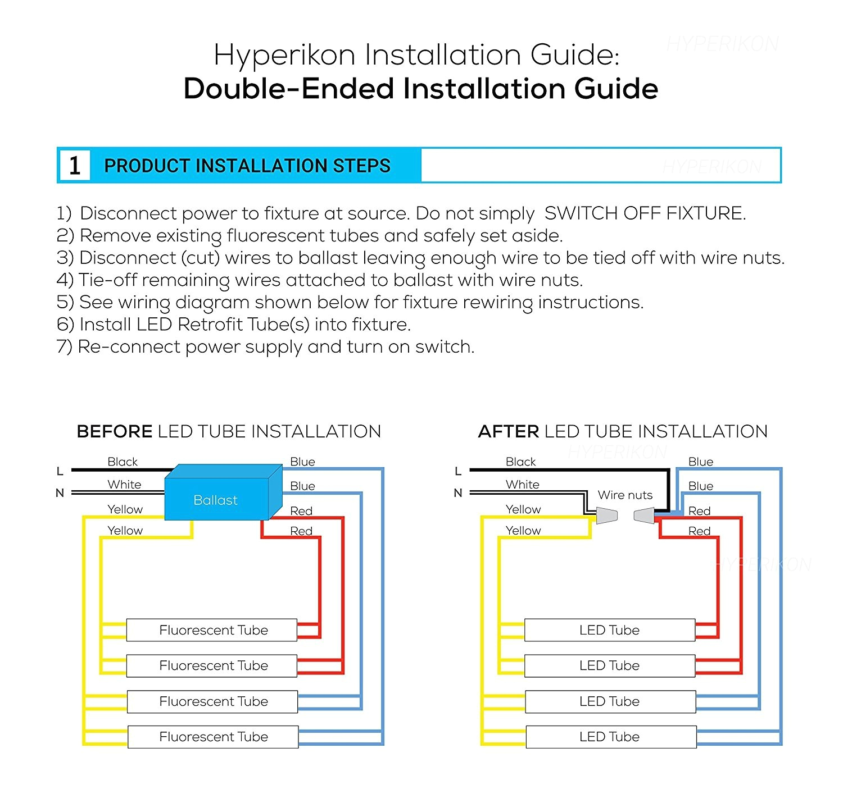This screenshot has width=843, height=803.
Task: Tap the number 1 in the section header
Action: point(75,166)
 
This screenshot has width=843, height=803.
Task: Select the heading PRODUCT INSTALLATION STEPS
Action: point(247,166)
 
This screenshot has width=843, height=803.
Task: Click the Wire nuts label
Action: point(625,495)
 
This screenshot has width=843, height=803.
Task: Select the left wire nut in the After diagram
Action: point(606,515)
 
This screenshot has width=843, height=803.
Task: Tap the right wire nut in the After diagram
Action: point(645,515)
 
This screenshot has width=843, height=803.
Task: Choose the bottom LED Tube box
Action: point(610,737)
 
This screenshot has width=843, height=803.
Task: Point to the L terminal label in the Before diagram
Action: point(60,471)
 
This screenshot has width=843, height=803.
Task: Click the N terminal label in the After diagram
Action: point(458,493)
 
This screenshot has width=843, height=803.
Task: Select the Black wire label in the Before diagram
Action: point(123,462)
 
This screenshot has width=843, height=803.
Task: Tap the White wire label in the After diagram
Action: point(522,484)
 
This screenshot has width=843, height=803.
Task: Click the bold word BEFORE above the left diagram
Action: point(115,431)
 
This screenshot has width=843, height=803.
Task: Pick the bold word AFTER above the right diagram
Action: point(508,431)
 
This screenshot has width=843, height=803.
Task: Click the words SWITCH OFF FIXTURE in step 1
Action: point(645,213)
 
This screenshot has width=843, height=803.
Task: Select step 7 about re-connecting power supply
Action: point(265,347)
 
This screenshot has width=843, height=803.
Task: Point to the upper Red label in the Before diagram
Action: point(301,511)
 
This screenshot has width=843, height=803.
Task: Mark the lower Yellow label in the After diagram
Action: point(523,531)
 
